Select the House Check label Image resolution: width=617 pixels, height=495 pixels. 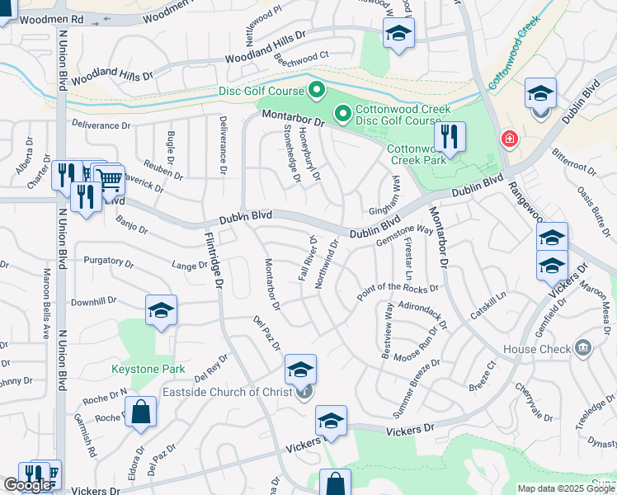pos(537,349)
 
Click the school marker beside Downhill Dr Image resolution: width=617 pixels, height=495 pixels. pos(162,310)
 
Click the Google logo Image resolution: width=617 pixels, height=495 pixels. pos(27,485)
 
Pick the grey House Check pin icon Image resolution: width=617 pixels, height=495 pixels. pos(584,348)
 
